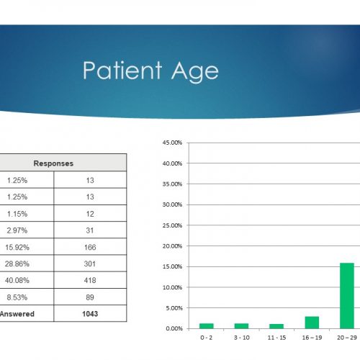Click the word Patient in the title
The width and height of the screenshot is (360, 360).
(122, 70)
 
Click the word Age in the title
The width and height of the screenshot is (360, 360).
(194, 72)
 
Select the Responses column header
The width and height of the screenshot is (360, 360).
(53, 163)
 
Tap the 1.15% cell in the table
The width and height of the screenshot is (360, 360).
(17, 214)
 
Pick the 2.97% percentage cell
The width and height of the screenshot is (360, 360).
(17, 230)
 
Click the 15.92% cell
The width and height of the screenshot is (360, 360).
(17, 247)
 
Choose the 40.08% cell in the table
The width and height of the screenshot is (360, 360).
(17, 280)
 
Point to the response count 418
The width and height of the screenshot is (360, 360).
(90, 280)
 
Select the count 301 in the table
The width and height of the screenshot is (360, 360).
(90, 264)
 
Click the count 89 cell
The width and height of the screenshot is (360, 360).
(90, 297)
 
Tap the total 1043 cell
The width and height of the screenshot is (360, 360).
(90, 314)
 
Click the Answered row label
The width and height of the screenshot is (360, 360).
(17, 314)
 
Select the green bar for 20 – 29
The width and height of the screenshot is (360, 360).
(347, 296)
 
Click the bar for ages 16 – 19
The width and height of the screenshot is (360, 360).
(312, 323)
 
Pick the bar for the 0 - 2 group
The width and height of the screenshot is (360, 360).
(207, 326)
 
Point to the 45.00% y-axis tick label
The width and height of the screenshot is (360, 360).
(172, 143)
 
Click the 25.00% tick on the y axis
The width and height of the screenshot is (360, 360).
(172, 225)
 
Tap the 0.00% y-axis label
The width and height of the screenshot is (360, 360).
(174, 328)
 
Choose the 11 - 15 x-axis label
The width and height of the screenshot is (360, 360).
(276, 338)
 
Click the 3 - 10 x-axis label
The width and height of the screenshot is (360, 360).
(242, 338)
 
